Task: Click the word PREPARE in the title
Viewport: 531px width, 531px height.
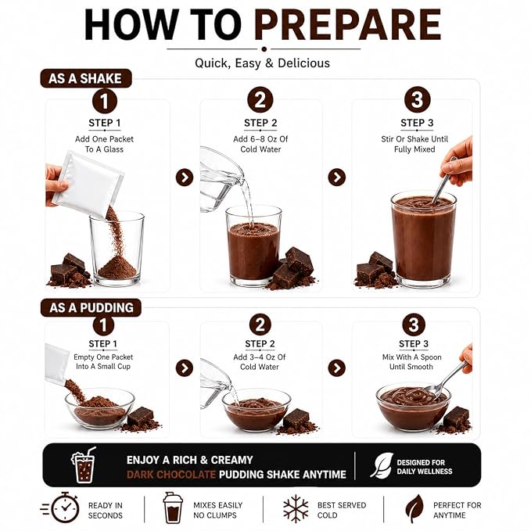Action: click(348, 24)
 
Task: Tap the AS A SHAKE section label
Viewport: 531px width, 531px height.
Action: click(86, 78)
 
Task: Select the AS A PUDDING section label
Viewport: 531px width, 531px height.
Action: click(91, 307)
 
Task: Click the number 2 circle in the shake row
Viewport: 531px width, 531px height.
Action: click(260, 100)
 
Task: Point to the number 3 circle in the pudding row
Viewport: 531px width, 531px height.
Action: click(414, 324)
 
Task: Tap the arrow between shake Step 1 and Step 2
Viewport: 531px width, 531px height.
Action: click(185, 178)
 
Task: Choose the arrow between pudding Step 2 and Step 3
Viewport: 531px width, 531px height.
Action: click(337, 368)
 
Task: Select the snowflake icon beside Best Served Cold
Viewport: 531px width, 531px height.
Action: click(296, 509)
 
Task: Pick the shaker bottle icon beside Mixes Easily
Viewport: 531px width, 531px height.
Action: click(173, 508)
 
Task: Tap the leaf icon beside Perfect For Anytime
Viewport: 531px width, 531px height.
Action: click(415, 508)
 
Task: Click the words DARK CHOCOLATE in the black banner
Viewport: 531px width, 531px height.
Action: click(171, 475)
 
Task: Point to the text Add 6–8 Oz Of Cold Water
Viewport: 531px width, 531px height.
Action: click(260, 144)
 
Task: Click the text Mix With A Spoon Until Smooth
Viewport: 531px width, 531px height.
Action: click(412, 361)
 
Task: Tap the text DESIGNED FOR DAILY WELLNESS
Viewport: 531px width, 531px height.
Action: click(425, 467)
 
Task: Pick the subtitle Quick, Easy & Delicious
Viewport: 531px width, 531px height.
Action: click(263, 63)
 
